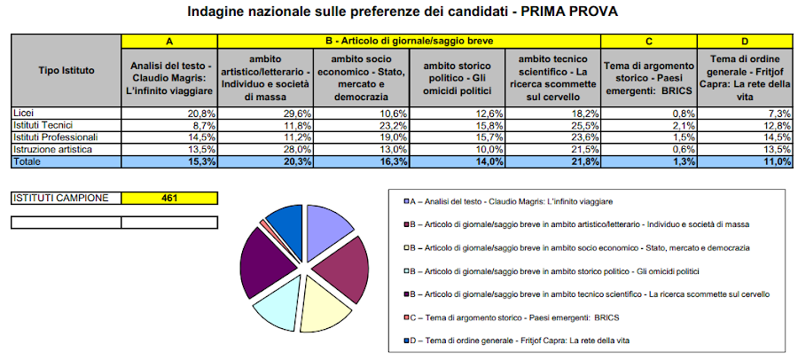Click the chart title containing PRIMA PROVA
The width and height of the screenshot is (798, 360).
[403, 12]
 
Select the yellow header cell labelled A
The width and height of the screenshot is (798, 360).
[168, 42]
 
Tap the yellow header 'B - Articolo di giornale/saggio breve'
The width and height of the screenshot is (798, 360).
[409, 42]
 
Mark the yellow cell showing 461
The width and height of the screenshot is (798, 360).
[168, 198]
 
